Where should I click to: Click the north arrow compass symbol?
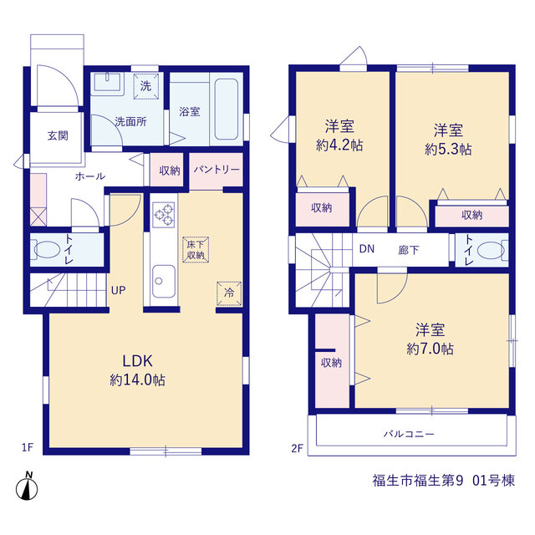pyautogui.click(x=27, y=486)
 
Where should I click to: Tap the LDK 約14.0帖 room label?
pyautogui.click(x=137, y=370)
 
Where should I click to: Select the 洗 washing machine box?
pyautogui.click(x=146, y=86)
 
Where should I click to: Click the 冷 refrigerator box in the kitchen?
pyautogui.click(x=229, y=293)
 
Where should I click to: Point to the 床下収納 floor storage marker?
pyautogui.click(x=196, y=250)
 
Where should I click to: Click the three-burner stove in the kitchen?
pyautogui.click(x=164, y=215)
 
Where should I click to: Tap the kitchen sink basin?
pyautogui.click(x=164, y=281)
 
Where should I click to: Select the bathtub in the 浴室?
pyautogui.click(x=227, y=110)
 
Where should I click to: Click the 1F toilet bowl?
pyautogui.click(x=46, y=250)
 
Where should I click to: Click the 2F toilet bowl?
pyautogui.click(x=491, y=251)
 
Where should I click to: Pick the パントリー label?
pyautogui.click(x=217, y=169)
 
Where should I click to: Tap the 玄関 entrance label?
pyautogui.click(x=58, y=135)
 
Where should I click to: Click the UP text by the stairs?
pyautogui.click(x=119, y=290)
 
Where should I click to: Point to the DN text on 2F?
pyautogui.click(x=367, y=249)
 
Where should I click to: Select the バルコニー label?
pyautogui.click(x=409, y=434)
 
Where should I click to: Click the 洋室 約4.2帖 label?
pyautogui.click(x=339, y=135)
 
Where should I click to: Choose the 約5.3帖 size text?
pyautogui.click(x=448, y=150)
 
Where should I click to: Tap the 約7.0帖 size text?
pyautogui.click(x=430, y=349)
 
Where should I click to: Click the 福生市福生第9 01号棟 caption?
pyautogui.click(x=444, y=481)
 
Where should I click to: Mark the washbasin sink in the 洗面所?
pyautogui.click(x=107, y=82)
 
